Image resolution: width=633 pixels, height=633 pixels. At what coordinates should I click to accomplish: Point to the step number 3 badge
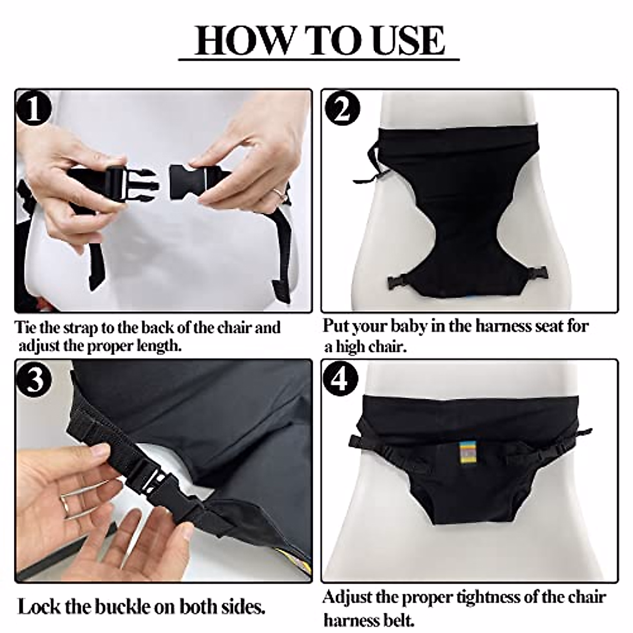click(x=34, y=380)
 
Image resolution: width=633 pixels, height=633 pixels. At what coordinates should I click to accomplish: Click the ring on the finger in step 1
click(x=280, y=191)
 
